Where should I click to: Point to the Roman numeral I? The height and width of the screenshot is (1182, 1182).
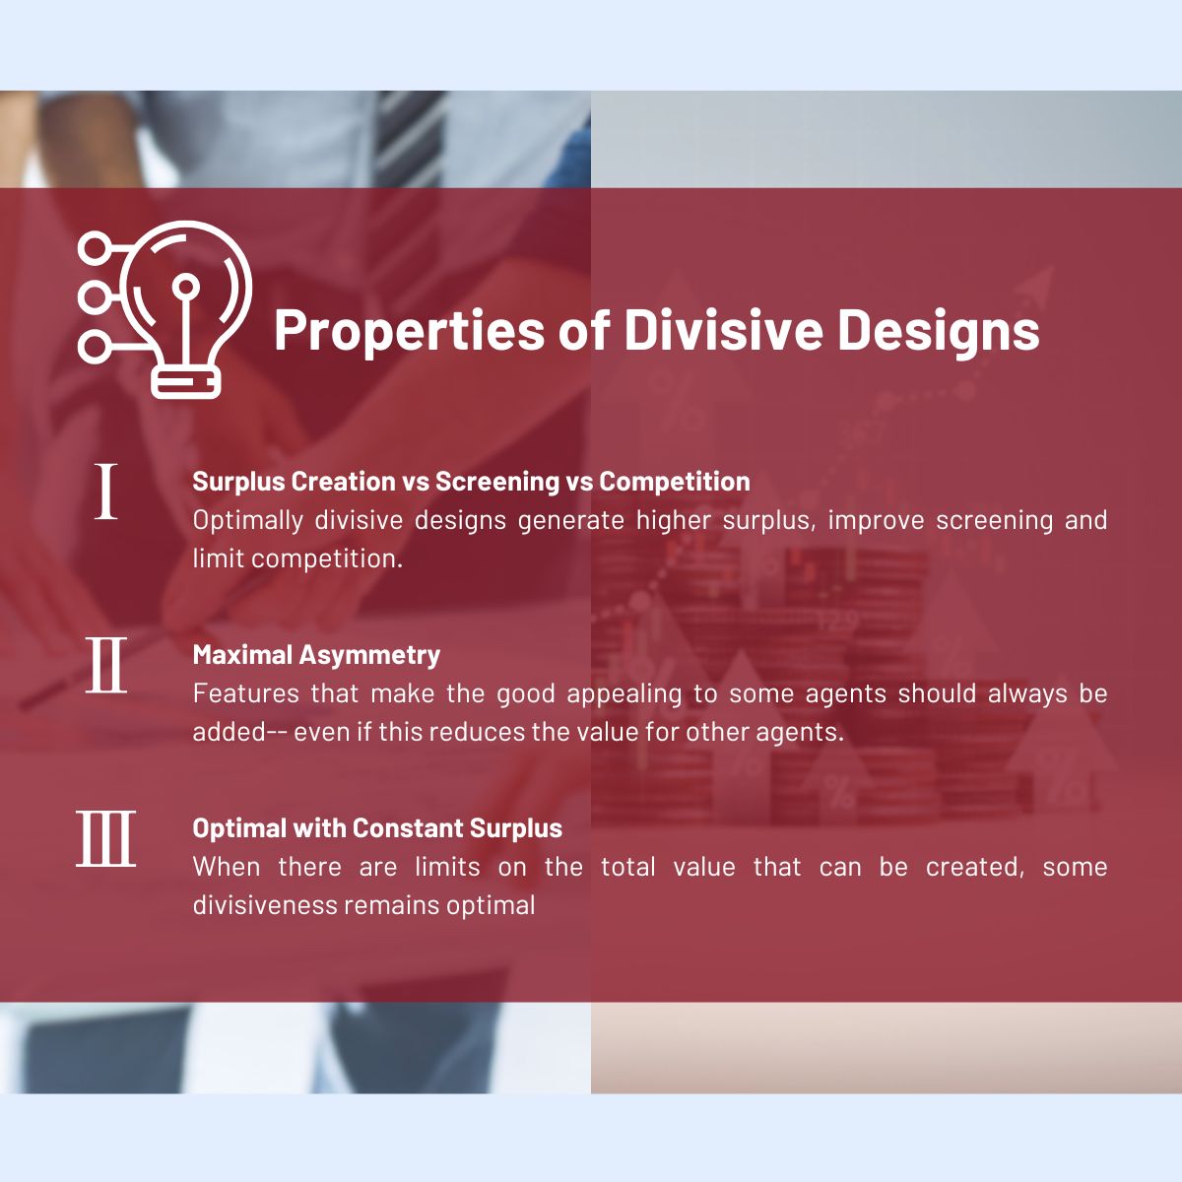tap(105, 492)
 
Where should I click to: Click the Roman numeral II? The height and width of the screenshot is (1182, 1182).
tap(106, 665)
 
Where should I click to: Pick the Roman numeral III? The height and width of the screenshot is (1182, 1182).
tap(106, 838)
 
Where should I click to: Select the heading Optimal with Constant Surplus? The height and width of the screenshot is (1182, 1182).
tap(377, 828)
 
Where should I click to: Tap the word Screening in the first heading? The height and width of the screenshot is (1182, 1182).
tap(497, 482)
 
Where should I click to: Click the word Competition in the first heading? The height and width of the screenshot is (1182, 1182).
tap(675, 482)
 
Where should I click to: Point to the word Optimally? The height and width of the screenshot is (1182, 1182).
tap(248, 521)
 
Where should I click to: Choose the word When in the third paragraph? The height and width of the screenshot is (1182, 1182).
tap(227, 868)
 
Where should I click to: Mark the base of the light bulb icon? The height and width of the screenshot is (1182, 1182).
tap(186, 383)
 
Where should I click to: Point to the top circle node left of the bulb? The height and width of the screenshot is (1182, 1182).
tap(94, 248)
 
